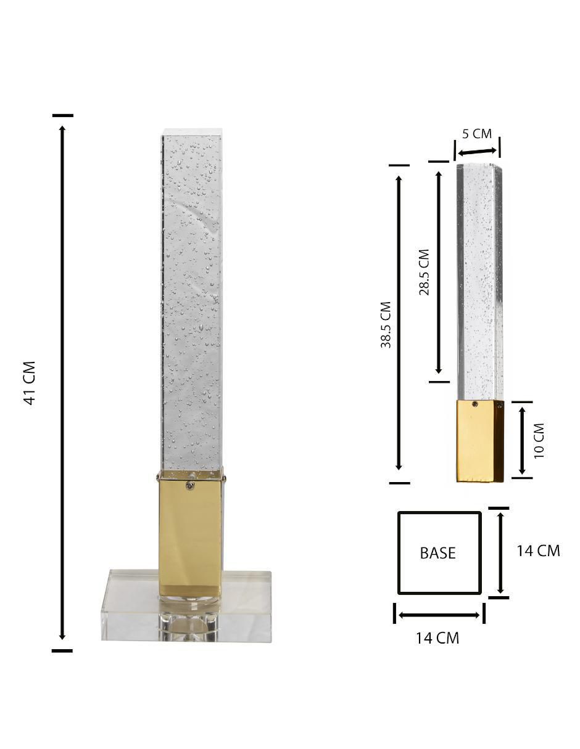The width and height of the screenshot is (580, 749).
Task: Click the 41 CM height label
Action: coord(30,383)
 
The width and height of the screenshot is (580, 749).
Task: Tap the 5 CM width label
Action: coord(477,134)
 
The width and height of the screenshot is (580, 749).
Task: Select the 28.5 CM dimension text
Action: coord(424,272)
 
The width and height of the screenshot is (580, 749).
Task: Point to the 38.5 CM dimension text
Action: coord(386,325)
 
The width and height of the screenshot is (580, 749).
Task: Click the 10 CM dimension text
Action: coord(539,441)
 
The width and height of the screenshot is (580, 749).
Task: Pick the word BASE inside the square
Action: coord(437,553)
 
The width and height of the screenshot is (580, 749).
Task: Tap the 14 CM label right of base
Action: coord(538,550)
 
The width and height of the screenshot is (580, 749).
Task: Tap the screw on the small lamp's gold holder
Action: coord(476,404)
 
